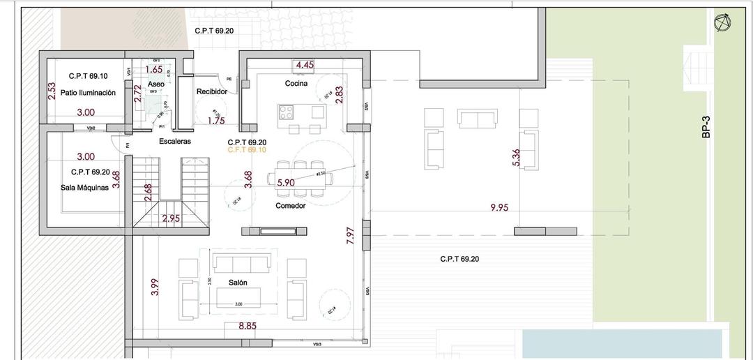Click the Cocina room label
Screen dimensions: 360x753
[x=296, y=84]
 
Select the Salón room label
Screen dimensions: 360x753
[x=239, y=283]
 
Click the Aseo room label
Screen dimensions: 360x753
[x=156, y=84]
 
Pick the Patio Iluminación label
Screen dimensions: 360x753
[x=87, y=92]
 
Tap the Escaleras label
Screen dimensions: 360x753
[x=174, y=141]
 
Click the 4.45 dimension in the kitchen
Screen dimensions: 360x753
[x=305, y=66]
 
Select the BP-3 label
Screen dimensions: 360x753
[x=706, y=128]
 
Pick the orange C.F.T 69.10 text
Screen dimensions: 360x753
[x=247, y=149]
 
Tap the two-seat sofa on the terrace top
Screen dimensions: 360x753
[x=477, y=118]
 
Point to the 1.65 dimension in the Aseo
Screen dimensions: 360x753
[x=154, y=70]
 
